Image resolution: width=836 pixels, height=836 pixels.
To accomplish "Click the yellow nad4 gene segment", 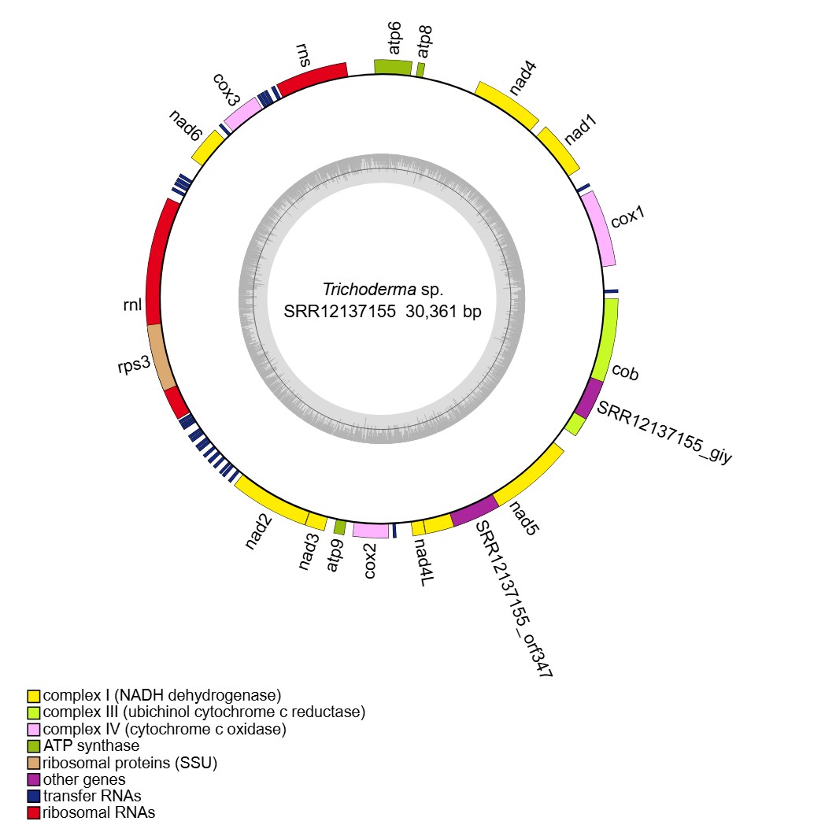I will [x=508, y=103].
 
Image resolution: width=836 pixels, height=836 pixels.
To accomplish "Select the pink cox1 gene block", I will [x=600, y=229].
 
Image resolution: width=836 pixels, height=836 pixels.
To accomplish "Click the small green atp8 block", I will [x=421, y=69].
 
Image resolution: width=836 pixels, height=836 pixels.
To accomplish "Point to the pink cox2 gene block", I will [x=370, y=531].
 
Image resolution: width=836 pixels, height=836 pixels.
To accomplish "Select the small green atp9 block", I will [x=340, y=527].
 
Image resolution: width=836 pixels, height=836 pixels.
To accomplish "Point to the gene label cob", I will [x=625, y=372].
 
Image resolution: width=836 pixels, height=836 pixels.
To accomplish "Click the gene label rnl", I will [x=132, y=305].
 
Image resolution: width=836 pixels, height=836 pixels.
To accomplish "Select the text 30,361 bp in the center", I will [x=443, y=311].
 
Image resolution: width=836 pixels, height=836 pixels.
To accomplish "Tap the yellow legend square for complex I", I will [x=33, y=696].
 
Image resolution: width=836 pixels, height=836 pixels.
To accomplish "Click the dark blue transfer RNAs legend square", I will [x=33, y=796].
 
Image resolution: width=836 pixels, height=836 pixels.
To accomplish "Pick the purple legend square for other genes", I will [x=33, y=779].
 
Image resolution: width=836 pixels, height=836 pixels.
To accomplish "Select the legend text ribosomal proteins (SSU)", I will [x=130, y=763].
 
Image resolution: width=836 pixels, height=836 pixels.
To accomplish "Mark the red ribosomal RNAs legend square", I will [x=33, y=813].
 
